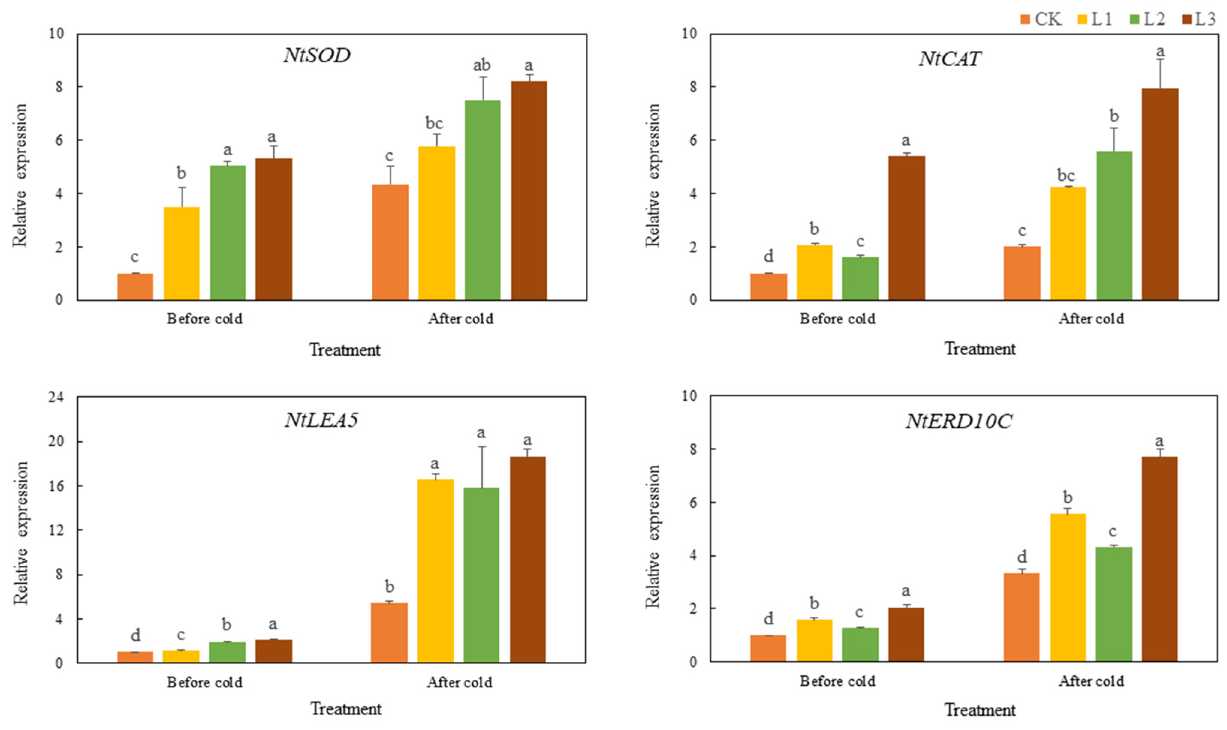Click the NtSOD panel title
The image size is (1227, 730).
coord(317,55)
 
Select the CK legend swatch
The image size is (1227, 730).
coord(1025,20)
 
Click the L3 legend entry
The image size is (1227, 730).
coord(1198,20)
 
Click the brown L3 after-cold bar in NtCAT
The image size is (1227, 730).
coord(1160,194)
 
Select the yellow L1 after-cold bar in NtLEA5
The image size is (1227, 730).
coord(435,571)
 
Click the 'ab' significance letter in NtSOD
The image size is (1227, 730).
coord(482,65)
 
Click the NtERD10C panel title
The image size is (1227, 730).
coord(958,422)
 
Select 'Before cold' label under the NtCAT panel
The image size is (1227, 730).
coord(837,319)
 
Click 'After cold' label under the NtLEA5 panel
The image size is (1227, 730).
coord(460,682)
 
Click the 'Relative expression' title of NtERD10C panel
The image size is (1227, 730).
coord(653,536)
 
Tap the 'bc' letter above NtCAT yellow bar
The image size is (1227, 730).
coord(1066,175)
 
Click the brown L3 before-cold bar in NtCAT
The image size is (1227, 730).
coord(906,228)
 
